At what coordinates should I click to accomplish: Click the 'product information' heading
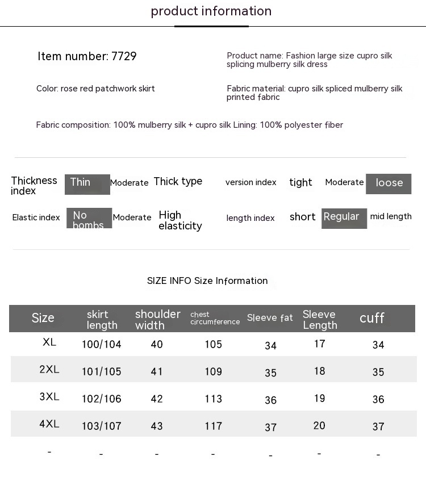pyautogui.click(x=211, y=11)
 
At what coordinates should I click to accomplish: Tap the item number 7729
pyautogui.click(x=87, y=56)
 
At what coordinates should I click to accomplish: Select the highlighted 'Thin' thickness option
pyautogui.click(x=87, y=184)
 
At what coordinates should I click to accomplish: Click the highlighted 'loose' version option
pyautogui.click(x=389, y=183)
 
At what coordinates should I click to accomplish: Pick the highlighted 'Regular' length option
pyautogui.click(x=344, y=218)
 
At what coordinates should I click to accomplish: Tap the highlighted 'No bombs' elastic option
pyautogui.click(x=89, y=219)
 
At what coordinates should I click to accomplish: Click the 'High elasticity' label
pyautogui.click(x=180, y=220)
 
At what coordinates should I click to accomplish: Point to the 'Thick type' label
pyautogui.click(x=178, y=181)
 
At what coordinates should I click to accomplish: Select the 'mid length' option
pyautogui.click(x=391, y=216)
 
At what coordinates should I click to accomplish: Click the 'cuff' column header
pyautogui.click(x=372, y=318)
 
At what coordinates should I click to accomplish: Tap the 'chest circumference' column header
pyautogui.click(x=215, y=318)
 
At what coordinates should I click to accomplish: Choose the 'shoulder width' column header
pyautogui.click(x=157, y=319)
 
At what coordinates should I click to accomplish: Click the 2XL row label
pyautogui.click(x=49, y=370)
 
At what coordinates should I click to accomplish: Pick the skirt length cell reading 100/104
pyautogui.click(x=102, y=344)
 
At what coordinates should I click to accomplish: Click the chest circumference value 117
pyautogui.click(x=214, y=426)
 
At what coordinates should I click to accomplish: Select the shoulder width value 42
pyautogui.click(x=157, y=399)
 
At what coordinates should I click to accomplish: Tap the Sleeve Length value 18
pyautogui.click(x=320, y=371)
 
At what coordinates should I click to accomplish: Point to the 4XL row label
pyautogui.click(x=49, y=424)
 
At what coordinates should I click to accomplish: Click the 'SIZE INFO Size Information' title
pyautogui.click(x=207, y=281)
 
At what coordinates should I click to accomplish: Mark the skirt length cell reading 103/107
pyautogui.click(x=102, y=426)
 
